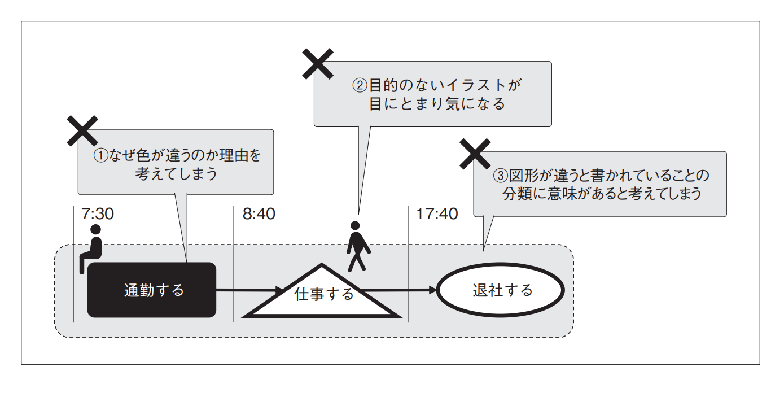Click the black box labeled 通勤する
(152, 290)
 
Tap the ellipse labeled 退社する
(501, 290)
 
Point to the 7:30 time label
(98, 214)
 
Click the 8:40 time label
(259, 214)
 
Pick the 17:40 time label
(437, 214)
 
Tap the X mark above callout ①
(83, 131)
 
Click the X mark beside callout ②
(318, 63)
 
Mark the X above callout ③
(475, 154)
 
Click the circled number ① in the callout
(100, 156)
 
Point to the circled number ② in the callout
(360, 86)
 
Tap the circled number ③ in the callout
(501, 176)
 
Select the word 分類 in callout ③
(514, 194)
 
